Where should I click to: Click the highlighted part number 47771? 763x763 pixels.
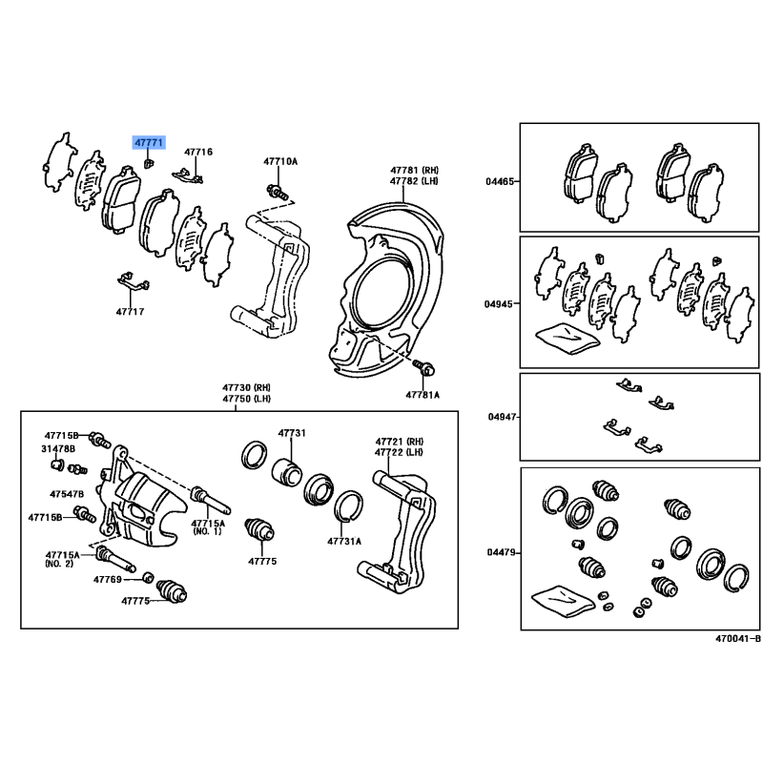pos(149,142)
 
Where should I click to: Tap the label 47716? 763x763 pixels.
pos(198,152)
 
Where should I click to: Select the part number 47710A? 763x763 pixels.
pos(280,161)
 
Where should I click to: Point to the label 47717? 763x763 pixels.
pos(130,312)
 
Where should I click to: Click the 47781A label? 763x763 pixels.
pos(423,395)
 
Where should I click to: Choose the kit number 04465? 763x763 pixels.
pos(500,181)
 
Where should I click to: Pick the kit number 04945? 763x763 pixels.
pos(498,304)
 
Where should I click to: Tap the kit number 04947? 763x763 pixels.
pos(503,417)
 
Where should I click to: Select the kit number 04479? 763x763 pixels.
pos(502,552)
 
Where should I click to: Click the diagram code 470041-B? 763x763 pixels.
pos(737,639)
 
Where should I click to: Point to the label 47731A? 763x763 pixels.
pos(344,541)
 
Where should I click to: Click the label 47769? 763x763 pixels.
pos(108,580)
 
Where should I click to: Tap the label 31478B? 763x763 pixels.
pos(58,448)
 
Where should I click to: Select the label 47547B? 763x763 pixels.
pos(67,494)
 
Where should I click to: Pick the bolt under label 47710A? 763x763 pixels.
pos(277,191)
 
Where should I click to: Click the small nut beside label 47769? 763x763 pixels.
pos(149,578)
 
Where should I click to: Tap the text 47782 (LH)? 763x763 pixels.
pos(414,181)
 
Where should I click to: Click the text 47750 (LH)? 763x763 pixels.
pos(247,399)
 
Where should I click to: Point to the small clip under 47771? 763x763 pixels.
pos(149,162)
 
